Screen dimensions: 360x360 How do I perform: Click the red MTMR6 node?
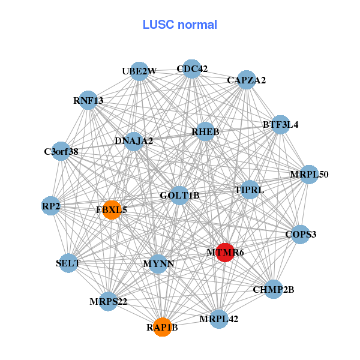[224, 253]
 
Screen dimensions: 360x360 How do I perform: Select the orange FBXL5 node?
[112, 210]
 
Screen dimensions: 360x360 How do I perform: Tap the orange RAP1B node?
[162, 327]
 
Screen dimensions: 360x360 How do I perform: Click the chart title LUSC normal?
[179, 25]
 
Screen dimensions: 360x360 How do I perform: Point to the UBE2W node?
[139, 71]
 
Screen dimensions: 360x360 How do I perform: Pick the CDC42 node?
[191, 69]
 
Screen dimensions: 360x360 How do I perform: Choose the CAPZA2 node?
[246, 80]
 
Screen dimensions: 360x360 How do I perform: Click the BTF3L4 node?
[280, 125]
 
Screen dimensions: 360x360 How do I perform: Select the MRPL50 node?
[309, 175]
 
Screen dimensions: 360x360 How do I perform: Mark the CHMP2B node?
[273, 289]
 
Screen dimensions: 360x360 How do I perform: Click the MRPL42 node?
[219, 319]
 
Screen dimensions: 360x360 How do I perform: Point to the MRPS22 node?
[108, 301]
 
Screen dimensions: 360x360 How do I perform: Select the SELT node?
[68, 263]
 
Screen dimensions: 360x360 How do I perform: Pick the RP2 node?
[51, 206]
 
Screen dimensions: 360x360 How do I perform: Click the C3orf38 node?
[61, 151]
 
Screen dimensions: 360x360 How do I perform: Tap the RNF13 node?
[88, 101]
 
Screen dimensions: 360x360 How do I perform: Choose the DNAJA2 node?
[134, 142]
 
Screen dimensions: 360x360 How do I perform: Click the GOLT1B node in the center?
[179, 195]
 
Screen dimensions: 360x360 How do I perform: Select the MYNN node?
[158, 263]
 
